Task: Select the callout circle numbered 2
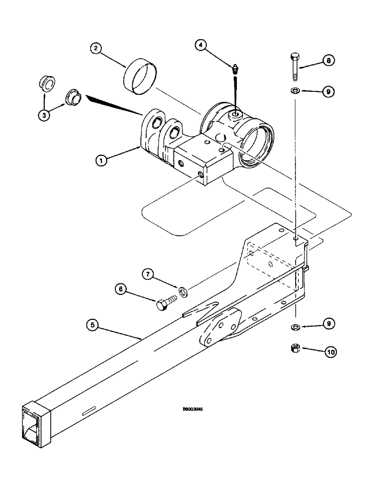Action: pos(96,48)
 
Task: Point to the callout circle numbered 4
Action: pos(201,46)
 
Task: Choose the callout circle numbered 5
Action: pos(93,325)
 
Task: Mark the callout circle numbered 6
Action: pos(121,289)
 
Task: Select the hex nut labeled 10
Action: pos(295,349)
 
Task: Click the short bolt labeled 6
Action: pos(167,302)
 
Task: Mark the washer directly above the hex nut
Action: pos(295,328)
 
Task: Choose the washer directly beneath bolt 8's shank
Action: pos(295,91)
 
